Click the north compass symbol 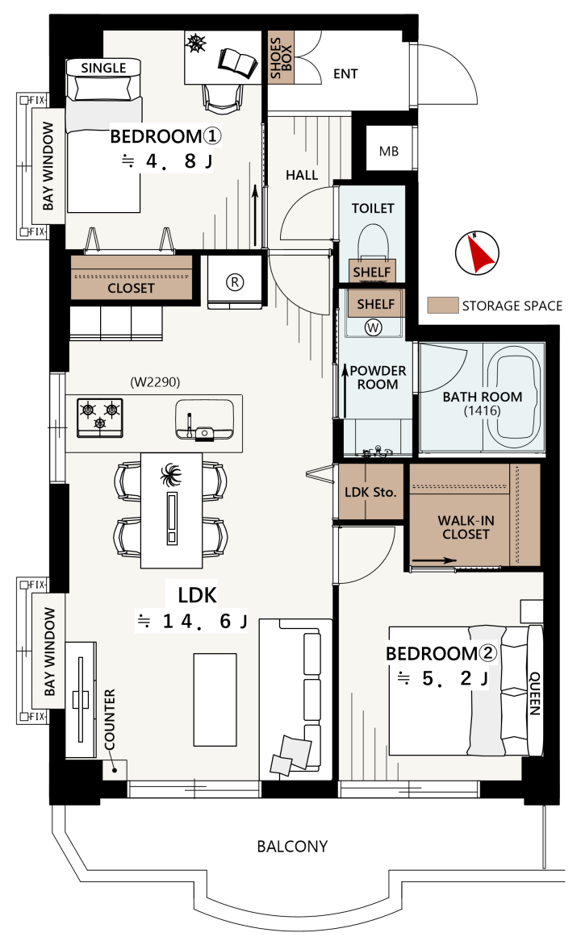[477, 252]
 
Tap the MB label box [389, 152]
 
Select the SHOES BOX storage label [281, 57]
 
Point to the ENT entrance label [345, 74]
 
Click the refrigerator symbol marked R [235, 281]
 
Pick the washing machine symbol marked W [374, 327]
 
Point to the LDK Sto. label [370, 492]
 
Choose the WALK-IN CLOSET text [466, 527]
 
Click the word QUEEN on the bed [534, 693]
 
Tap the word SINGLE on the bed [103, 68]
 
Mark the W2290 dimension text [155, 381]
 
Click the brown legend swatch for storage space [443, 305]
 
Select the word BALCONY [292, 846]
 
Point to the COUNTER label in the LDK [110, 719]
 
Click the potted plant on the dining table [171, 476]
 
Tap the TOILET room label [373, 208]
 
